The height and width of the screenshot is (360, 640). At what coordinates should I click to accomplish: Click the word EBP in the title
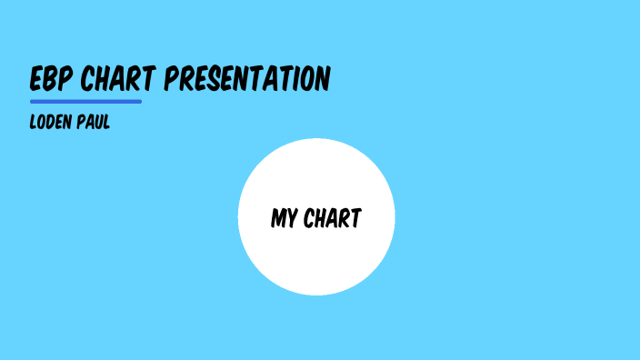coord(52,80)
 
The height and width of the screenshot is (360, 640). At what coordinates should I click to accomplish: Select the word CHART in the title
coord(118,80)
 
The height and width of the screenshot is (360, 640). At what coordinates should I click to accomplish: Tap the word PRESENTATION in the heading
coord(247,80)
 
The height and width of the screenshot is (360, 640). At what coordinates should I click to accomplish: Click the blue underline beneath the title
coord(85,102)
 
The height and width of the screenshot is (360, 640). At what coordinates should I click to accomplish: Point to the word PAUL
coord(94,123)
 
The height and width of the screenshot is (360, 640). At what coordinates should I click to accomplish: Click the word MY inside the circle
coord(285,219)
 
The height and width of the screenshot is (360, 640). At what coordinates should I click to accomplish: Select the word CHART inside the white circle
coord(333,219)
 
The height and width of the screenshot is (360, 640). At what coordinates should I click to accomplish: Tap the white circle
coord(316,264)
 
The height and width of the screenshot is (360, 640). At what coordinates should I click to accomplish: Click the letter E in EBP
coord(37,80)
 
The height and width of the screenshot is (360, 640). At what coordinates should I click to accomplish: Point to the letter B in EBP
coord(52,80)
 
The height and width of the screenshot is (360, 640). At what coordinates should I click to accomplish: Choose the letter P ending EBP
coord(66,80)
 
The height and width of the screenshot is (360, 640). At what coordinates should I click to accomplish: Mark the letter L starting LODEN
coord(34,123)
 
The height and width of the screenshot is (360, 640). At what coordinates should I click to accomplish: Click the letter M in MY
coord(278,219)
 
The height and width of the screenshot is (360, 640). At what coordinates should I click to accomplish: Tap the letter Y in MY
coord(293,219)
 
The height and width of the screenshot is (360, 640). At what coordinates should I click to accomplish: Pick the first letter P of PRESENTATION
coord(172,80)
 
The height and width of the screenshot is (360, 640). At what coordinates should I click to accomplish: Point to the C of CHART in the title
coord(88,80)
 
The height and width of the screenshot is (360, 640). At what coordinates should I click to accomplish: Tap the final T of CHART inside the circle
coord(356,219)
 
